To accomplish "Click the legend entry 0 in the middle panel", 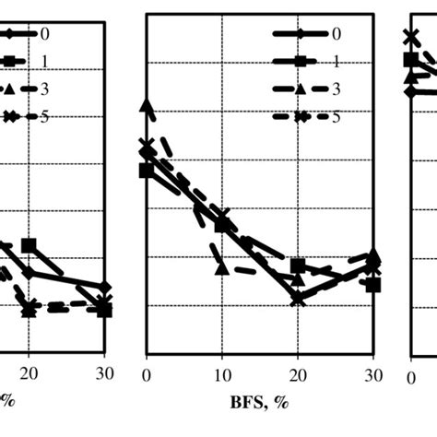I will click(335, 34).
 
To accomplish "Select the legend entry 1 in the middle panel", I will click(336, 62).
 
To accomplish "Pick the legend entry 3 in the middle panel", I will click(336, 89).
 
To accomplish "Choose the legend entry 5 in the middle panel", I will click(336, 117).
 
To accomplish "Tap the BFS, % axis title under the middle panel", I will click(261, 403).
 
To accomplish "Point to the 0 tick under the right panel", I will click(411, 378).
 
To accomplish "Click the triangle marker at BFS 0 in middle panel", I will click(146, 107).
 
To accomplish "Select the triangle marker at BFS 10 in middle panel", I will click(221, 267).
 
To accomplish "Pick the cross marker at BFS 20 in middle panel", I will click(297, 299).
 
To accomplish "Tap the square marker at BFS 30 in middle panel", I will click(372, 284).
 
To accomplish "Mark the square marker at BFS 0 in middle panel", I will click(146, 170).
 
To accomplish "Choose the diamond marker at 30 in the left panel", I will click(104, 289).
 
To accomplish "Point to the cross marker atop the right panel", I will click(411, 38).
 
